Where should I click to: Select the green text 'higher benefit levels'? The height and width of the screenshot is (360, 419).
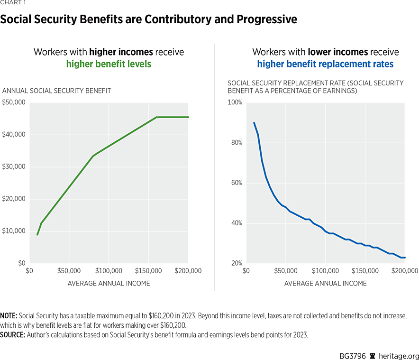[109, 64]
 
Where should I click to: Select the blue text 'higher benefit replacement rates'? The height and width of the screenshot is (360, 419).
[325, 64]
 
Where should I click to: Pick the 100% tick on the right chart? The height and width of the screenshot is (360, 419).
[235, 102]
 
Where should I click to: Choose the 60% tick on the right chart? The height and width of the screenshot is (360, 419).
[236, 183]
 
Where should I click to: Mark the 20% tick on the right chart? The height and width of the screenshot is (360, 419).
[236, 263]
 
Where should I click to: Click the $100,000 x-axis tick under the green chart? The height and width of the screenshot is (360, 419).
[109, 271]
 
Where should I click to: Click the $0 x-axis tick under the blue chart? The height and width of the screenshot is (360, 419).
[246, 271]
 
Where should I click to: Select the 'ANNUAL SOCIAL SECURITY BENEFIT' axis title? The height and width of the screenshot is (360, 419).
[56, 91]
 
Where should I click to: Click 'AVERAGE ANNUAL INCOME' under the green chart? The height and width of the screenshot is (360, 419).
[109, 284]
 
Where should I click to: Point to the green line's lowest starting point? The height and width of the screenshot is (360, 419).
[37, 234]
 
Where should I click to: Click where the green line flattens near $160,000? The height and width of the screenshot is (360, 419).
[156, 117]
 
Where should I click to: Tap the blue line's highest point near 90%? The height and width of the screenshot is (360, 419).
[254, 122]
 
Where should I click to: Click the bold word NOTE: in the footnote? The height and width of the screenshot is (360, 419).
[9, 315]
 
